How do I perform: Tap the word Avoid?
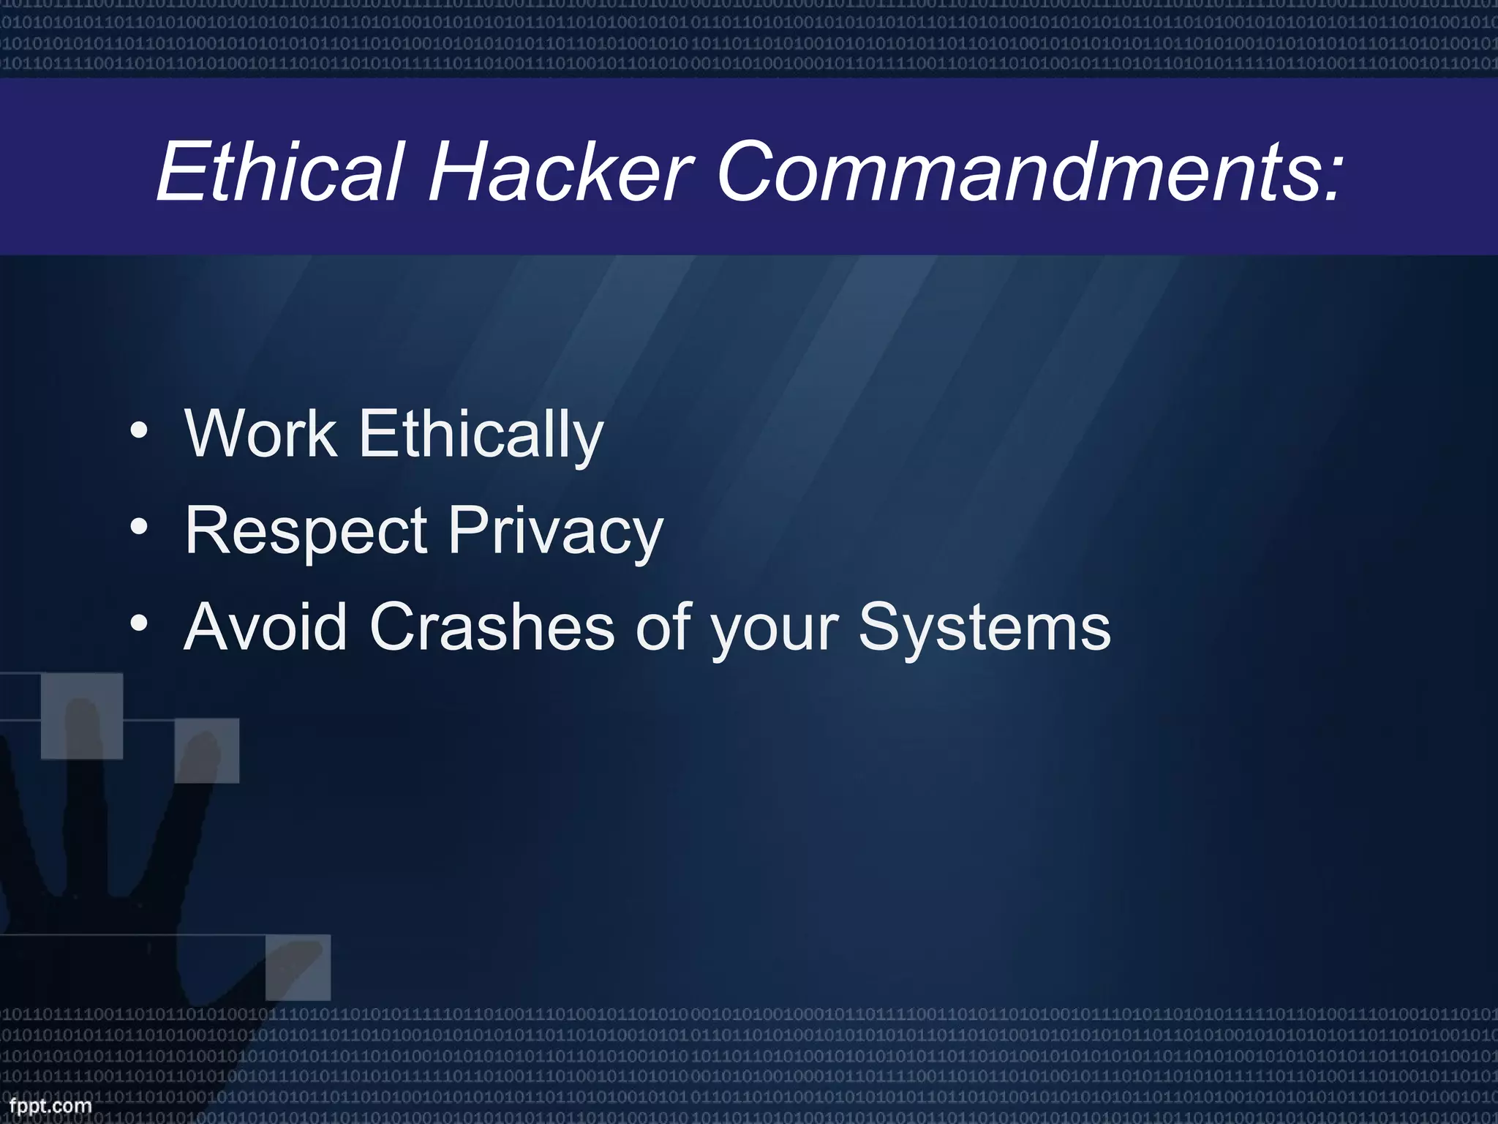266,626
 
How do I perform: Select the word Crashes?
492,626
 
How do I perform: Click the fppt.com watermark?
50,1106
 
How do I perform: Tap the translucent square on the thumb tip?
298,967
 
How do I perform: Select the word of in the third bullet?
663,626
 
